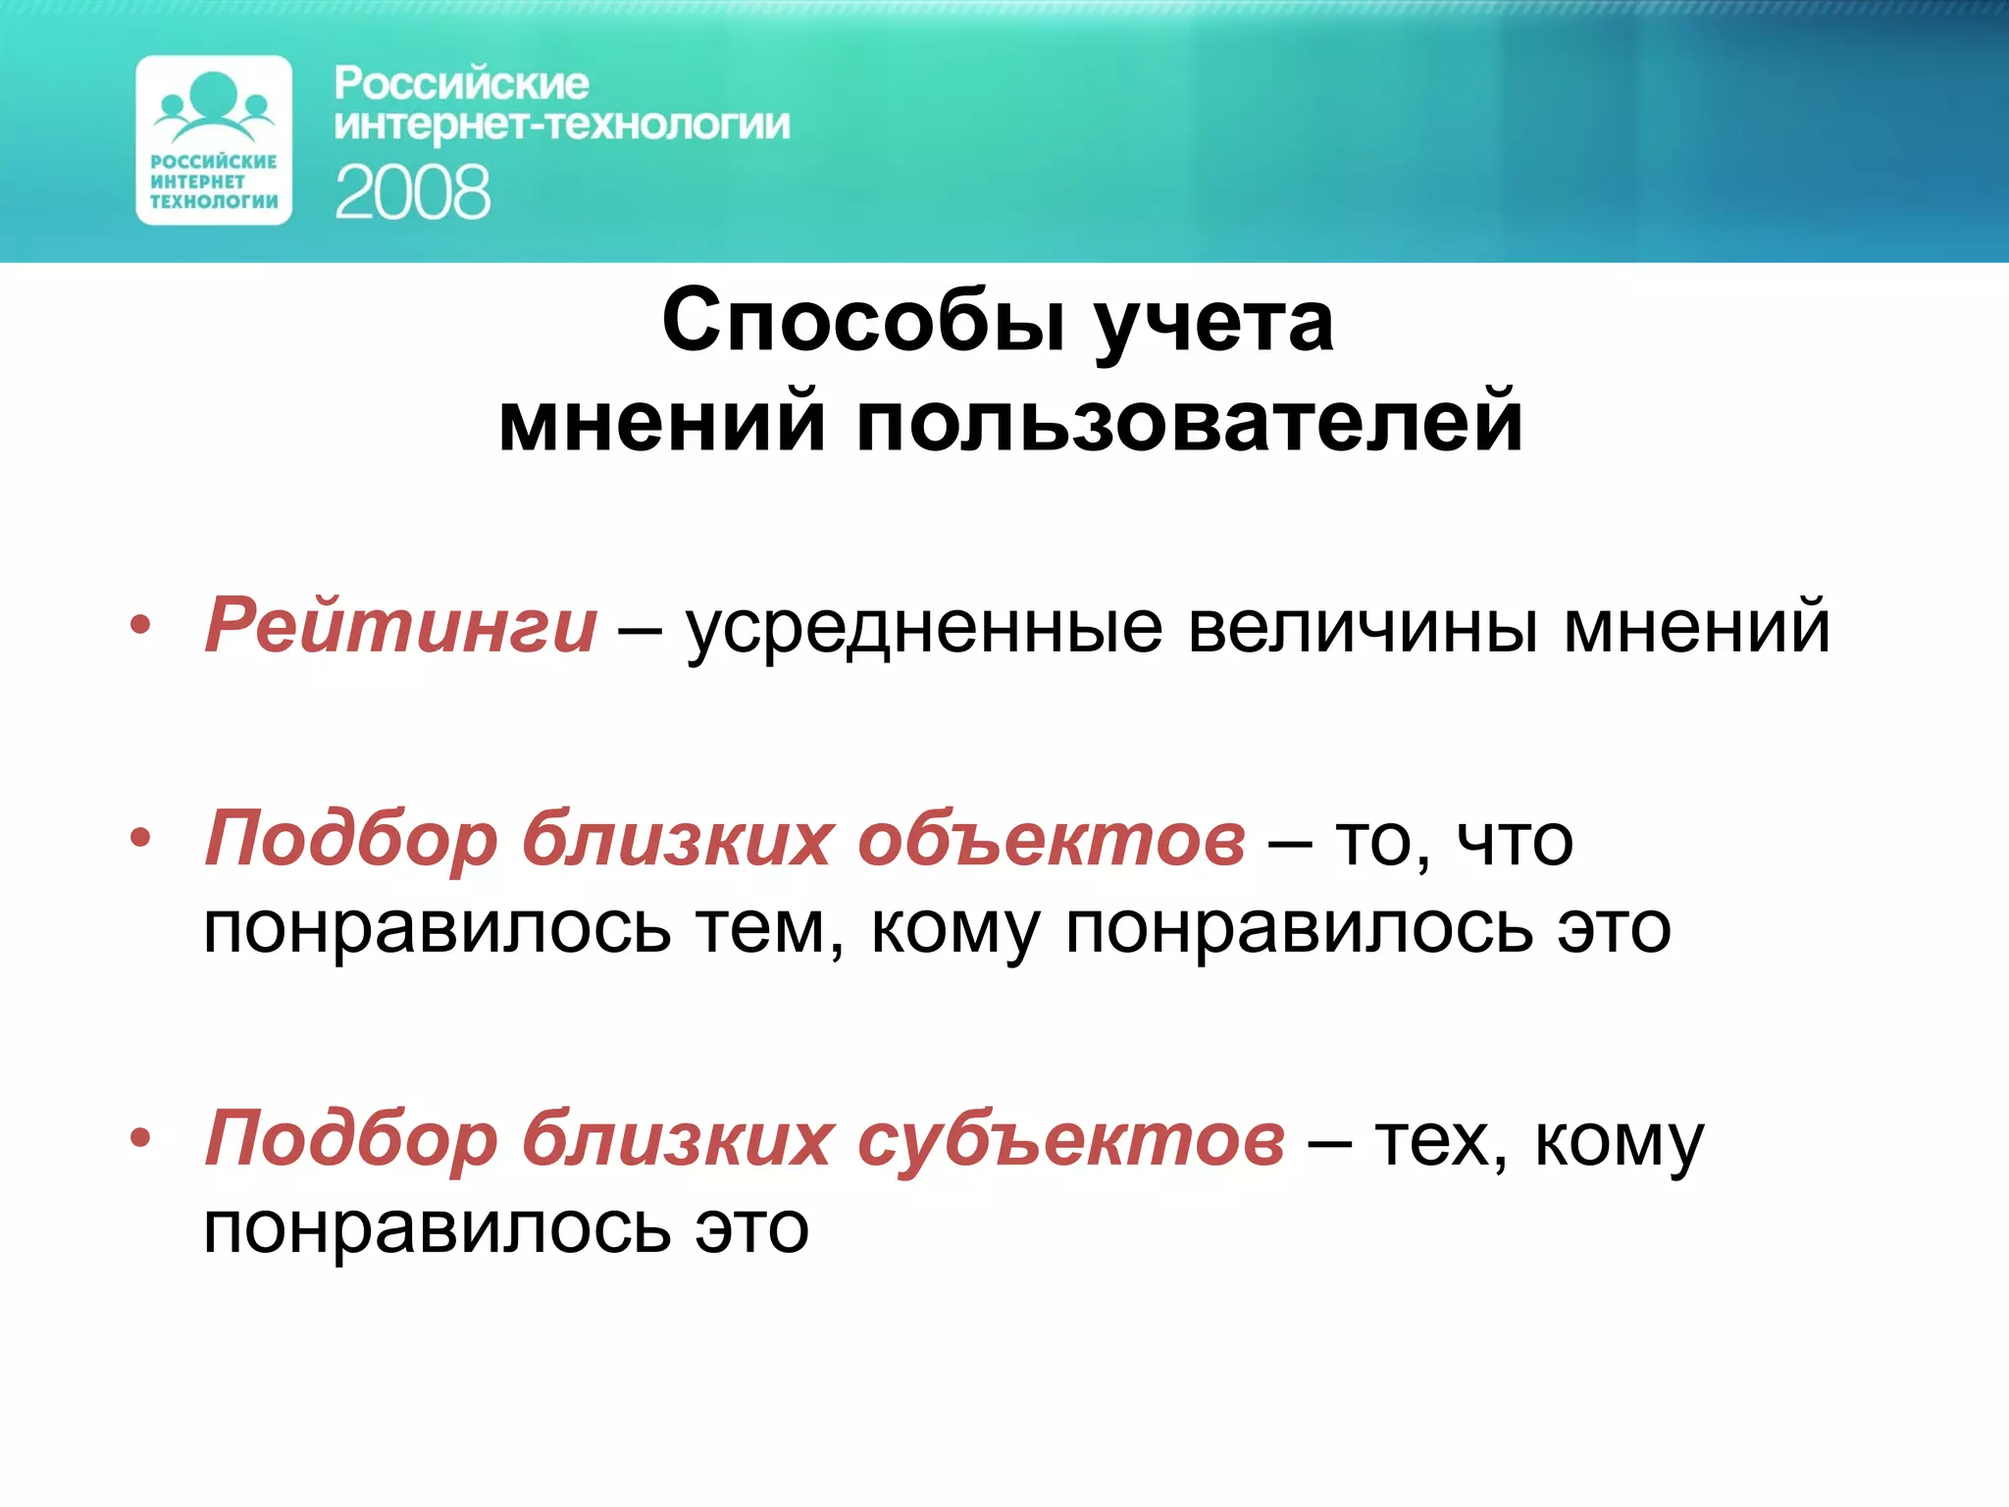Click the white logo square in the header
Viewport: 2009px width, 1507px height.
click(x=214, y=140)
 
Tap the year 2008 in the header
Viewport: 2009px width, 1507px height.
click(x=412, y=192)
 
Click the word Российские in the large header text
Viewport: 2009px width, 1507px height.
click(x=461, y=84)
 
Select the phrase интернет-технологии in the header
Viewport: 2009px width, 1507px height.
click(x=561, y=126)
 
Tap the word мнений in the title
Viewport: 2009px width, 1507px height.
click(x=662, y=422)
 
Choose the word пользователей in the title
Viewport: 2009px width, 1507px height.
click(x=1189, y=422)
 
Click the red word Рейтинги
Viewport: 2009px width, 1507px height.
click(x=400, y=625)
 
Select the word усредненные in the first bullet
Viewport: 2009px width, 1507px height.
click(x=923, y=628)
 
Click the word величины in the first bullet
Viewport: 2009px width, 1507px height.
click(x=1363, y=628)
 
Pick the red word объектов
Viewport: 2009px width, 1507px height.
click(x=1051, y=839)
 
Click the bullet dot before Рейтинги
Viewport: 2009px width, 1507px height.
click(x=141, y=625)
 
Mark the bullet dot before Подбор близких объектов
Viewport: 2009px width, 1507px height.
click(x=141, y=838)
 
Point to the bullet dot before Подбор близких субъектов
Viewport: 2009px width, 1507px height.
click(x=141, y=1138)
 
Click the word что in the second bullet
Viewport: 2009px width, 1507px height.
click(x=1515, y=842)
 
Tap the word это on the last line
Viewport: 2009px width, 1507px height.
click(x=751, y=1228)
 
